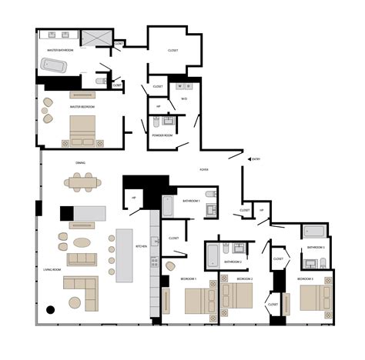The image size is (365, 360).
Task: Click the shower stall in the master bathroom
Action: [x=95, y=38]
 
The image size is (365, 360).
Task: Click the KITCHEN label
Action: [x=141, y=246]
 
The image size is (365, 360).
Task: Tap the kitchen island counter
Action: [x=124, y=255]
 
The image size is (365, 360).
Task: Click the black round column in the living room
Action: [x=50, y=310]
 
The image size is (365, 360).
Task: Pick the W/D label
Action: [x=184, y=98]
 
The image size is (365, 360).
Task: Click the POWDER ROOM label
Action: [x=162, y=135]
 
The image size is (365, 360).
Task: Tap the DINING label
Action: [x=80, y=163]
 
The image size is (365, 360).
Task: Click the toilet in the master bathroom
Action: [x=100, y=81]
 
